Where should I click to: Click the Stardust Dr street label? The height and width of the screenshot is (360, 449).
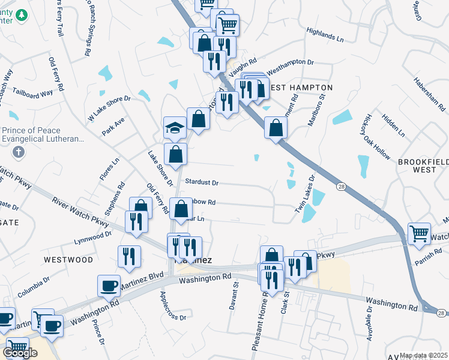click(202, 182)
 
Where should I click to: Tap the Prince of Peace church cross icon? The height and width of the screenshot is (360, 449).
click(19, 151)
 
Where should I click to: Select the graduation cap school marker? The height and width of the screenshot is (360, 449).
click(175, 128)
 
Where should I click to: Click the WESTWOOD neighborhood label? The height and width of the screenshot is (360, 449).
click(68, 260)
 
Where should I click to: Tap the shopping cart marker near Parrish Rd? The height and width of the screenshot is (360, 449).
click(418, 233)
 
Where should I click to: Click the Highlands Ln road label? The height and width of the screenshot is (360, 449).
click(325, 34)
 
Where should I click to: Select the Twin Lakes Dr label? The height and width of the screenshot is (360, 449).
click(304, 193)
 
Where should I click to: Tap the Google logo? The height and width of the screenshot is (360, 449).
click(20, 353)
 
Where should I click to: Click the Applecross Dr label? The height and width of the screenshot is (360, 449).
click(173, 306)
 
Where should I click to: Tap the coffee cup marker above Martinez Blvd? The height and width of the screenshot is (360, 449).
click(109, 286)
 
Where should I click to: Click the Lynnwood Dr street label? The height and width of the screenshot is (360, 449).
click(92, 238)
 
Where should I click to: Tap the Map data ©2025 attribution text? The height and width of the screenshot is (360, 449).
click(424, 355)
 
